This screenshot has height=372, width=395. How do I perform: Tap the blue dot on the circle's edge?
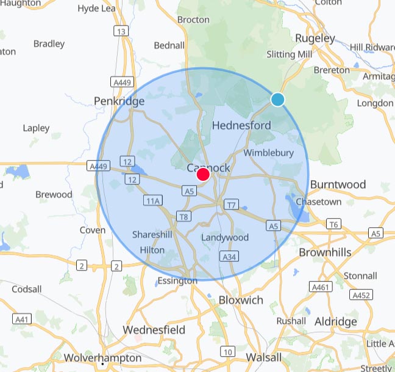[278, 99]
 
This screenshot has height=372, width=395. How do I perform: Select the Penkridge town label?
[119, 101]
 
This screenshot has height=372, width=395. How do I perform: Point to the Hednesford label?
[241, 125]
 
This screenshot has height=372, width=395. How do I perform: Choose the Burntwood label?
[338, 184]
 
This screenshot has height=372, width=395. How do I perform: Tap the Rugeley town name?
[315, 38]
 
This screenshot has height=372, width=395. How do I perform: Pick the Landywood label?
[225, 237]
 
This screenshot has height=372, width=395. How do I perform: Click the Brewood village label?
[54, 194]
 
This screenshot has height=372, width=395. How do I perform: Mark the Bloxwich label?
[241, 300]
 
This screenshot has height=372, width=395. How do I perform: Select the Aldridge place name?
[335, 321]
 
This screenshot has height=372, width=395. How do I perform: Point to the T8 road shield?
[183, 216]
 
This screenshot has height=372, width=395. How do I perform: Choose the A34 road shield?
[229, 257]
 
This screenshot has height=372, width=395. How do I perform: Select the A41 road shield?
[22, 319]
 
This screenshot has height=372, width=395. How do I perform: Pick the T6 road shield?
[333, 224]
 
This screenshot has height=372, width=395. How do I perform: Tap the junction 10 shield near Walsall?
[227, 351]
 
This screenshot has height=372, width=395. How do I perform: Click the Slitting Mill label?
[290, 55]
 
